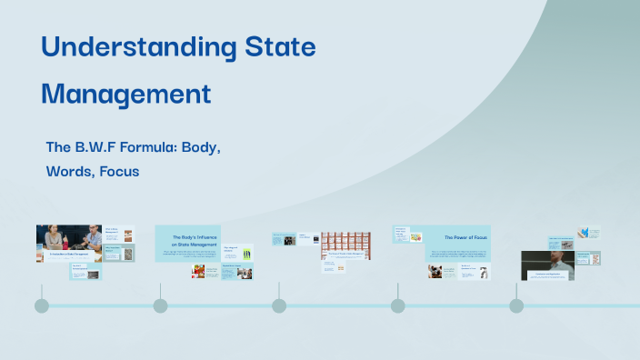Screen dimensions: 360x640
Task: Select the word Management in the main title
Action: [x=126, y=94]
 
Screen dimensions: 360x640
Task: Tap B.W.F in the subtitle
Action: [x=99, y=145]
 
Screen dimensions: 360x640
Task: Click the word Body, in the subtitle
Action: [x=205, y=145]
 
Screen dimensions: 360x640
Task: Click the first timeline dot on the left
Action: [x=42, y=305]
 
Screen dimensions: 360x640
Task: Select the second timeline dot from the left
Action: [x=161, y=305]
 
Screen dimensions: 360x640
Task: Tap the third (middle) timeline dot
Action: [x=279, y=305]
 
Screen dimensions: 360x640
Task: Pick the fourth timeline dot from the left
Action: [x=398, y=305]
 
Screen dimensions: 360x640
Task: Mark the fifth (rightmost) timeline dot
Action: [x=516, y=305]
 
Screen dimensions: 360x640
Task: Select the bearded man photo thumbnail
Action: [x=547, y=264]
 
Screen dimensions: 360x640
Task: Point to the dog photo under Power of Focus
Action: [x=435, y=271]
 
